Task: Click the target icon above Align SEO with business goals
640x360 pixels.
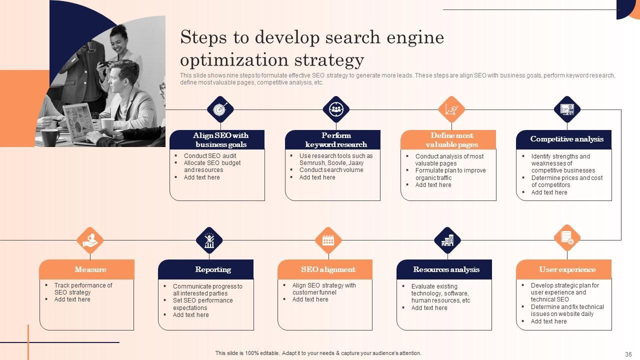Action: (220, 109)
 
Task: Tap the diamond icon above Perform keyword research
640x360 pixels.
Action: (336, 109)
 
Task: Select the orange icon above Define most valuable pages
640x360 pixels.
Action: (451, 109)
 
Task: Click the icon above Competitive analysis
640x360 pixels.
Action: (567, 109)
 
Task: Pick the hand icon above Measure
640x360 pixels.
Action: (90, 240)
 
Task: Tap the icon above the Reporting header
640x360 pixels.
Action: (209, 240)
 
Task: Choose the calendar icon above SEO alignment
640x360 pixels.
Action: (328, 240)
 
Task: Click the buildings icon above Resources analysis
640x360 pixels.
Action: (447, 240)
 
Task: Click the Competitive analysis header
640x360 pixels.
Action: (566, 139)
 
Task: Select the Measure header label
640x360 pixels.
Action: (90, 269)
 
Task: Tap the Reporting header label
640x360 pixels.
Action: (213, 269)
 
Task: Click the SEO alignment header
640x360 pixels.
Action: (328, 269)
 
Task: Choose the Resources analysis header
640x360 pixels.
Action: (446, 269)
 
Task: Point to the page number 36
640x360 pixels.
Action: (628, 353)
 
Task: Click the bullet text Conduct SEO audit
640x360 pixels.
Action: (210, 156)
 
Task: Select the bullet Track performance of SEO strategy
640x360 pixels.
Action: (83, 288)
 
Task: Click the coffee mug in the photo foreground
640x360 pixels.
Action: (50, 136)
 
